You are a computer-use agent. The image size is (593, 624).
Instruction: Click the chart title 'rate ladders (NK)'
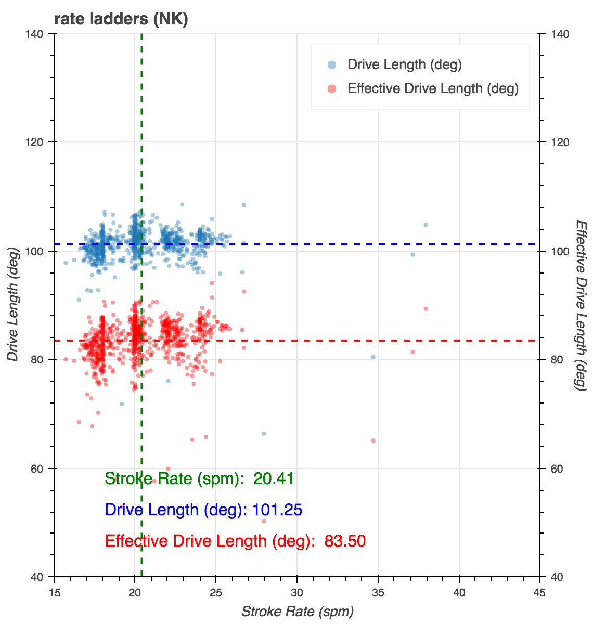tap(121, 19)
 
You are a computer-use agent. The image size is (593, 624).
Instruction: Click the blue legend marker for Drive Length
tap(331, 64)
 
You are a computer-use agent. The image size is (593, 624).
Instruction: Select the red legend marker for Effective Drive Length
tap(331, 88)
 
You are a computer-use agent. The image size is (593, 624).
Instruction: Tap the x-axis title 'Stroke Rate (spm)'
tap(297, 612)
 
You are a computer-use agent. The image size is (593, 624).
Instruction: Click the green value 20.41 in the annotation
tap(274, 478)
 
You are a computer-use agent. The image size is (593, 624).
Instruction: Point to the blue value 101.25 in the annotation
tap(277, 510)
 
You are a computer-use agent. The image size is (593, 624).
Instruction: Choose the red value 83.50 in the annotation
tap(345, 541)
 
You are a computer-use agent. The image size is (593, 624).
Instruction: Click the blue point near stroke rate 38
tap(426, 225)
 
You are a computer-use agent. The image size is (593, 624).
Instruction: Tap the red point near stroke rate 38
tap(426, 308)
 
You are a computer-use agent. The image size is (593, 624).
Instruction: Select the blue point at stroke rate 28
tap(264, 433)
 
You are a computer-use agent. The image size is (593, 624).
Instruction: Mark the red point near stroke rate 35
tap(373, 440)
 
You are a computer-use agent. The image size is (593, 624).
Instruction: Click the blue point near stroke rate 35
tap(373, 357)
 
